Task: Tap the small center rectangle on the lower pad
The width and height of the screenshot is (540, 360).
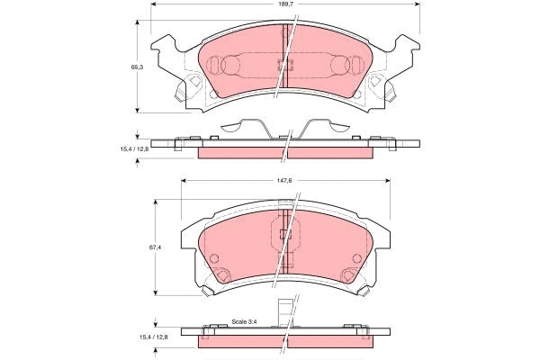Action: pos(288,236)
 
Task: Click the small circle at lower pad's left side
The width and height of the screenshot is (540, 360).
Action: pos(215,260)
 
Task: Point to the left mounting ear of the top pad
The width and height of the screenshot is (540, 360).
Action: pos(166,47)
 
